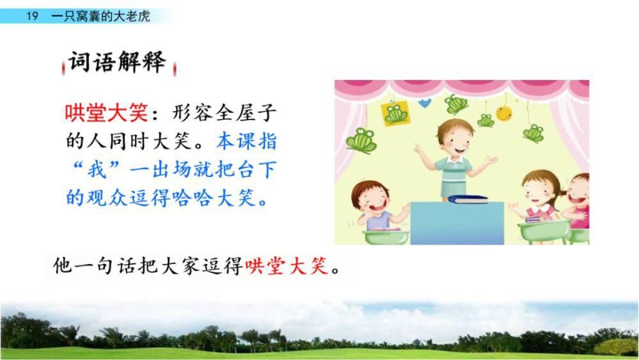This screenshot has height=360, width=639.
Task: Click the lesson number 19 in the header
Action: (x=32, y=16)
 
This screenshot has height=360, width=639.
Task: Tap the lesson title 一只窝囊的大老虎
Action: (x=101, y=16)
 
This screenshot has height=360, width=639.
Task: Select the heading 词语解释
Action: (x=118, y=63)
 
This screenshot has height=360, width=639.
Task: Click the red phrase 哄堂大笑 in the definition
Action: (x=106, y=113)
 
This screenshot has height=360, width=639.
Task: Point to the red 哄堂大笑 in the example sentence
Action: (x=286, y=266)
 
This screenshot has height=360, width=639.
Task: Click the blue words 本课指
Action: (x=247, y=141)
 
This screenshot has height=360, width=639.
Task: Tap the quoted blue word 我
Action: (x=96, y=169)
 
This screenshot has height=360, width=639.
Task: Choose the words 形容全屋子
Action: (x=224, y=113)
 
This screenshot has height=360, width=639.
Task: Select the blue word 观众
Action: (x=107, y=198)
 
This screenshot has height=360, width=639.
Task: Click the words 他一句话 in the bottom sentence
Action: (x=94, y=266)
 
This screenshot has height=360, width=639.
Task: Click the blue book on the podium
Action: (x=468, y=199)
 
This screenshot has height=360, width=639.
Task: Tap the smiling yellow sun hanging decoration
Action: (x=504, y=113)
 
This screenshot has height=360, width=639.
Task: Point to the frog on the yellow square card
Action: (x=396, y=114)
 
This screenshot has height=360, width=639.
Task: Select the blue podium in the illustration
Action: (x=457, y=223)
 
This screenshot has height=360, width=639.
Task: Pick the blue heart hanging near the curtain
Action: (x=424, y=104)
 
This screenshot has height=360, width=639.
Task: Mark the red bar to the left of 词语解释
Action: (x=63, y=68)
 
